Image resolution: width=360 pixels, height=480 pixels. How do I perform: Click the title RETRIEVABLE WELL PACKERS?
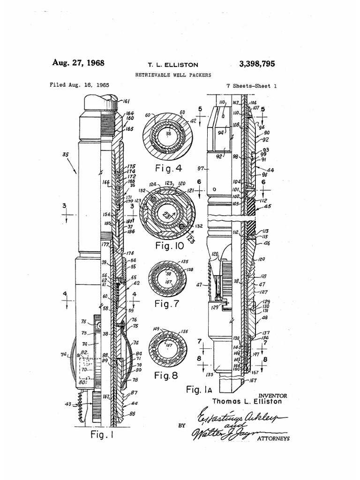pos(172,75)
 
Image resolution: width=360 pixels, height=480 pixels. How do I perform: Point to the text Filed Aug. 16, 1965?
pos(79,86)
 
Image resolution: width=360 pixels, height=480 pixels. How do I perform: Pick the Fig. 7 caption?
pos(166,304)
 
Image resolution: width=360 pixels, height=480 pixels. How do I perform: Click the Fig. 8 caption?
pos(166,375)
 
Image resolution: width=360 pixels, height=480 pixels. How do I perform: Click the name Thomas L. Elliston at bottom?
pos(247,402)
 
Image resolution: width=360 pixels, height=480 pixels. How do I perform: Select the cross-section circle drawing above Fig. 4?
pos(167,136)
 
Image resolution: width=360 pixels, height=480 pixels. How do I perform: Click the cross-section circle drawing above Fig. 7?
pos(167,279)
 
